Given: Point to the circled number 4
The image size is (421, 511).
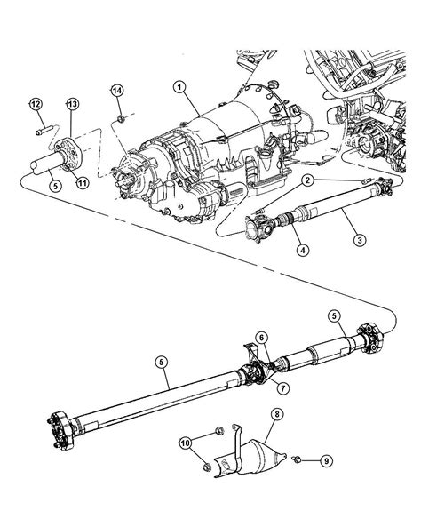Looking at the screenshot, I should point(303,250).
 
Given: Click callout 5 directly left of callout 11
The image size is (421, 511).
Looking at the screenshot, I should point(54,185).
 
